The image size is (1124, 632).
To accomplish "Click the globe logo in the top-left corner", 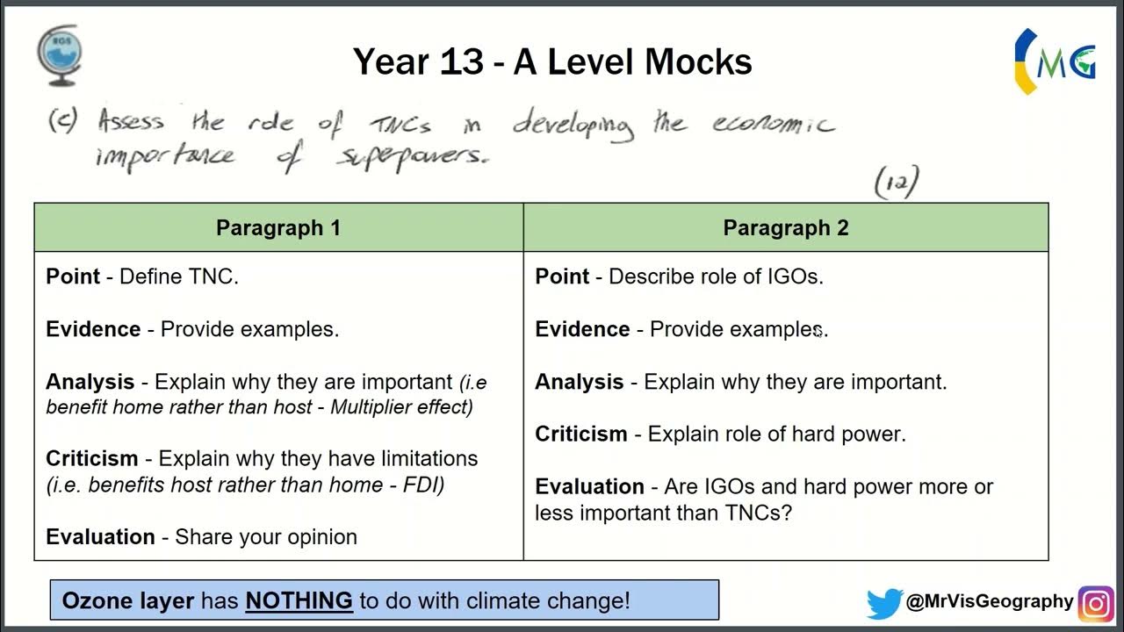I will pyautogui.click(x=59, y=55).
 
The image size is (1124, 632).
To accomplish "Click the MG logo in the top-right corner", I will pyautogui.click(x=1055, y=60).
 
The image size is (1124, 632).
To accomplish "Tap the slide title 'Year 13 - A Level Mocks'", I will pyautogui.click(x=552, y=62).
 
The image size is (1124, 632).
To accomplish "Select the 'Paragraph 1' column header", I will pyautogui.click(x=278, y=228).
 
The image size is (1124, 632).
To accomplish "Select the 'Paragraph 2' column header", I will pyautogui.click(x=785, y=228).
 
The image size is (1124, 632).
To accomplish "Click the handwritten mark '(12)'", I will pyautogui.click(x=897, y=183).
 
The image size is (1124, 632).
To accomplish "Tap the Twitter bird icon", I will pyautogui.click(x=883, y=603).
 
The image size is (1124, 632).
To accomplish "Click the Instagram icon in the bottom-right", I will pyautogui.click(x=1095, y=603).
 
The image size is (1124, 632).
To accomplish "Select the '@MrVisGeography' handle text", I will pyautogui.click(x=990, y=601).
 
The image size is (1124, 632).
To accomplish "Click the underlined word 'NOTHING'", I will pyautogui.click(x=299, y=601).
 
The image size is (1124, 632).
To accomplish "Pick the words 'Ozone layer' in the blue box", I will pyautogui.click(x=128, y=601).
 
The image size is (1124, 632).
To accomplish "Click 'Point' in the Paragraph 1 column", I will pyautogui.click(x=72, y=276).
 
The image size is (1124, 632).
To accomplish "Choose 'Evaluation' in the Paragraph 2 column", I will pyautogui.click(x=589, y=486).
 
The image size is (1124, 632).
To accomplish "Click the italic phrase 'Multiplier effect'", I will pyautogui.click(x=401, y=407).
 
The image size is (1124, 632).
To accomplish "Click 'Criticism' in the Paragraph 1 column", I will pyautogui.click(x=91, y=458).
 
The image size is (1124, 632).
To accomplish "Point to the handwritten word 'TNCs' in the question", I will pyautogui.click(x=400, y=124).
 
